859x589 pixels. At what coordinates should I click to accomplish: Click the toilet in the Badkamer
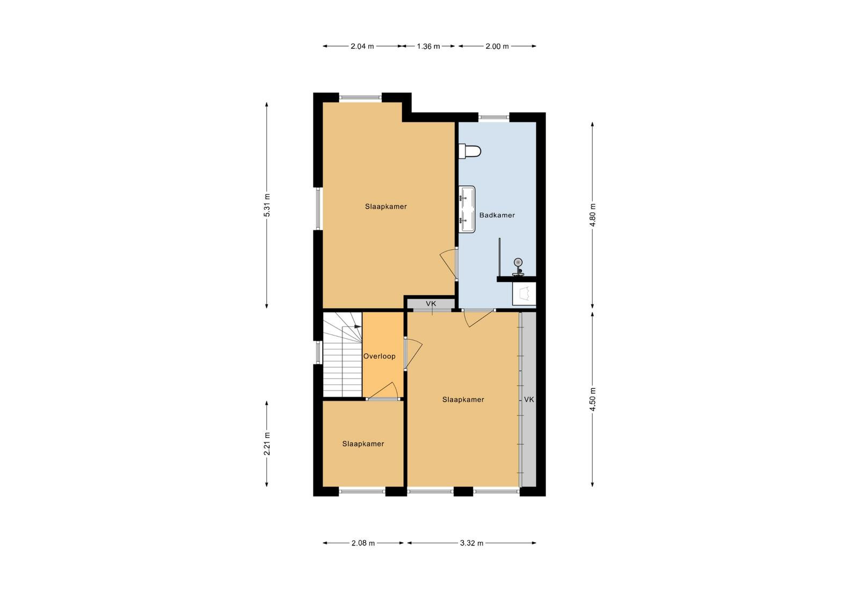coord(469,151)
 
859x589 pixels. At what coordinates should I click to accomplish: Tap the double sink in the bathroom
coord(467,209)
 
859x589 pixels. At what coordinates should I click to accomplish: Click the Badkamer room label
coord(497,215)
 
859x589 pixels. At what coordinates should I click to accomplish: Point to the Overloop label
coord(379,356)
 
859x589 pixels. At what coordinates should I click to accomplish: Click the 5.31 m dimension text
coord(267,205)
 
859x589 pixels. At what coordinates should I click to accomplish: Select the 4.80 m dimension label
coord(593,214)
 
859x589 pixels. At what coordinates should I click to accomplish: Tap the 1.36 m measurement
coord(428,46)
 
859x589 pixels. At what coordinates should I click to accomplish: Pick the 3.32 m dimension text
coord(472,543)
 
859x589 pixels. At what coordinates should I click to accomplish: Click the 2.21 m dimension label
coord(267,443)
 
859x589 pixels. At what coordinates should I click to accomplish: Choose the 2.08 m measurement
coord(363,543)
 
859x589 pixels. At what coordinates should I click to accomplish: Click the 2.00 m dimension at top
coord(497,46)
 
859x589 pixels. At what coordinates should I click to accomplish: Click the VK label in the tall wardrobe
coord(529,399)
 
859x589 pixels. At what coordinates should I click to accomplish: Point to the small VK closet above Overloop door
coord(431,304)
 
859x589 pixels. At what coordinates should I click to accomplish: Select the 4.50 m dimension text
coord(593,399)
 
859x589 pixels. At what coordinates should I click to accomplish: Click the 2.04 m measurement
coord(362,46)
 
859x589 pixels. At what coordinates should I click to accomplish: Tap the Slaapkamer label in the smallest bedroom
coord(363,443)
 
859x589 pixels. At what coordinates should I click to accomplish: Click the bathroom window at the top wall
coord(494,118)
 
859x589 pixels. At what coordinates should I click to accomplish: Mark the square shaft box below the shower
coord(524,294)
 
